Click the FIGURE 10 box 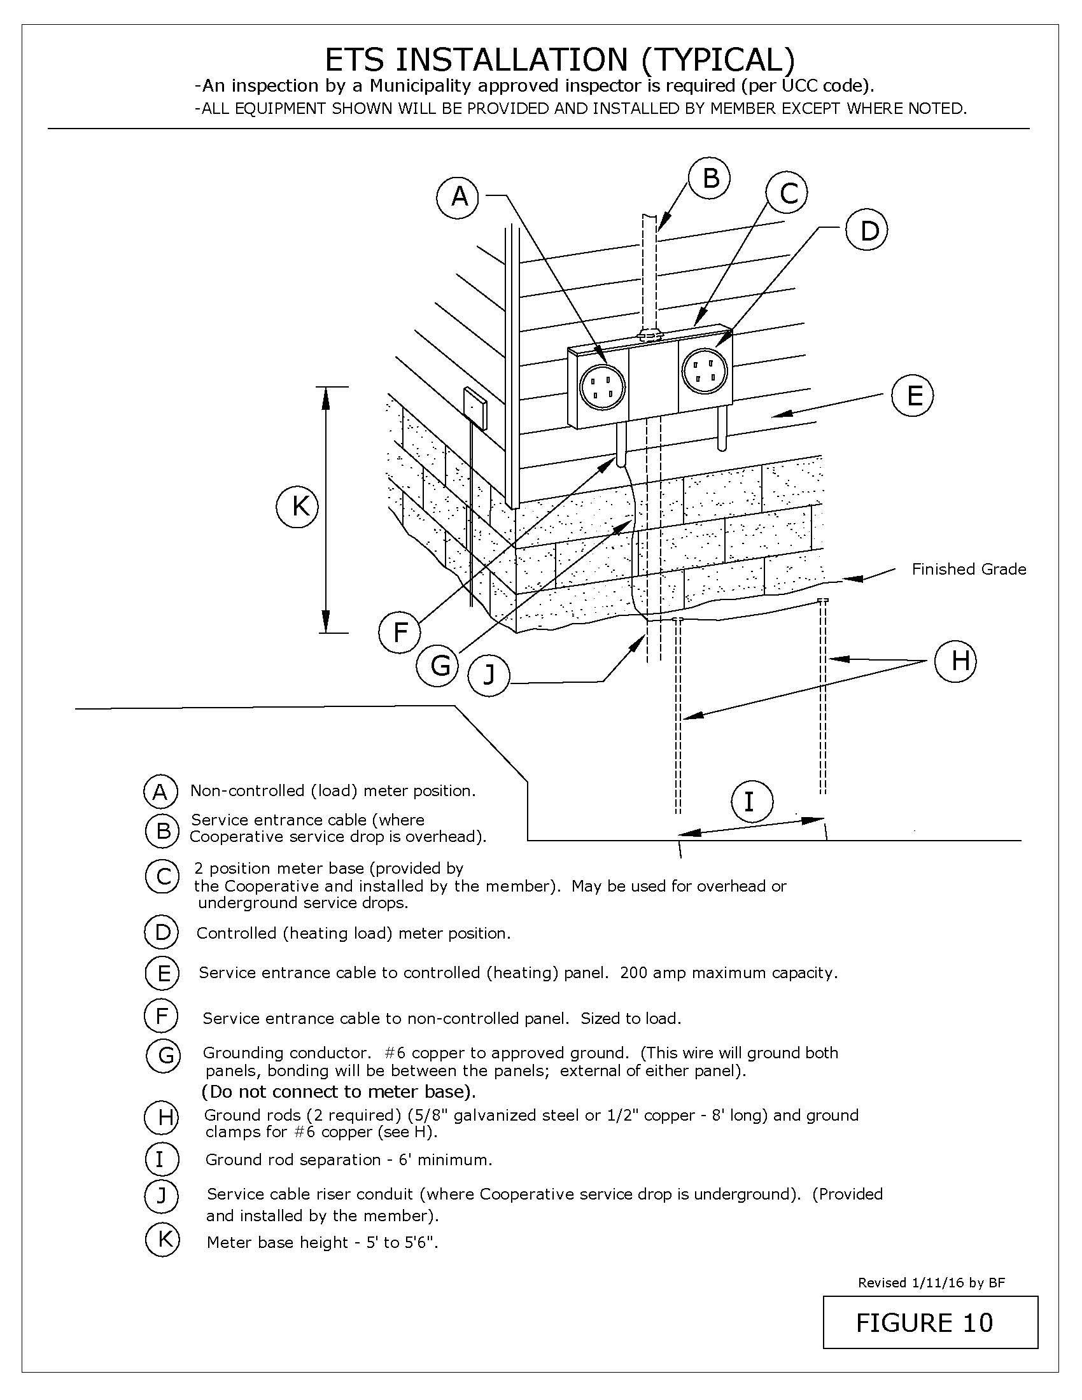coord(929,1322)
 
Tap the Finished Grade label coord(969,570)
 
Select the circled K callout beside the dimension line coord(297,507)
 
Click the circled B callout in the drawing coord(710,178)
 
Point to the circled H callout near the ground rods coord(955,661)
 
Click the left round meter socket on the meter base coord(602,387)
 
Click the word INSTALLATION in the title coord(512,60)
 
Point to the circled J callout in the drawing coord(488,675)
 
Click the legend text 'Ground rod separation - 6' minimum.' coord(348,1159)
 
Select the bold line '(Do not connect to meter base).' coord(339,1091)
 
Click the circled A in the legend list coord(160,792)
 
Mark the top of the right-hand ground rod coord(823,601)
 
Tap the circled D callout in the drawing coord(866,231)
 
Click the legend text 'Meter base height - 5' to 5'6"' coord(323,1242)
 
